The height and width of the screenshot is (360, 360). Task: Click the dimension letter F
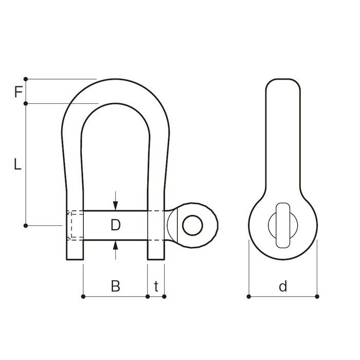coord(19,92)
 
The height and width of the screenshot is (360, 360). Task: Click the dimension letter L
coord(17,164)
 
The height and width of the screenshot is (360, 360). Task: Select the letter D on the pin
coord(116,225)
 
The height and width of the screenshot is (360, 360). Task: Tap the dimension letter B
coord(116,286)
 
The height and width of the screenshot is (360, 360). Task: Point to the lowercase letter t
coord(156,286)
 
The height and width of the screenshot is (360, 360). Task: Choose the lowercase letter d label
coord(283,286)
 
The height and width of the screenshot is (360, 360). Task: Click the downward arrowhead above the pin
coord(116,206)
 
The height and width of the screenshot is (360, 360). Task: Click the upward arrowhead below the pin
coord(116,245)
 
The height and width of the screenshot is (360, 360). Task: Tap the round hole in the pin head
coord(192,225)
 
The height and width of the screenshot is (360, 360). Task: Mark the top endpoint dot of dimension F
coord(26,79)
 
